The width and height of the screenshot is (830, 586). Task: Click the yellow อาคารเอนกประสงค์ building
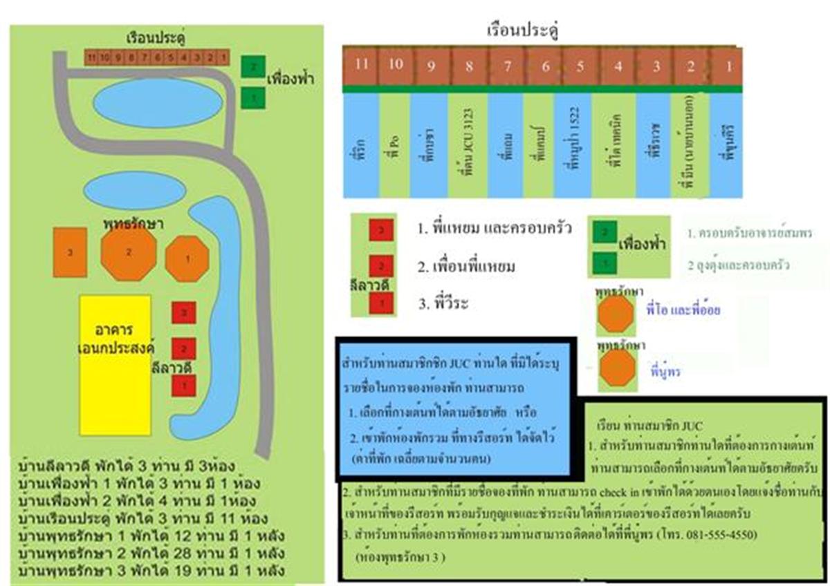(115, 365)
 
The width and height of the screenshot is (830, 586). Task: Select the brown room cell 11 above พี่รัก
(360, 66)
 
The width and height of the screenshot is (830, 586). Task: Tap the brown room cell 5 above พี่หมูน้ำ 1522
(580, 67)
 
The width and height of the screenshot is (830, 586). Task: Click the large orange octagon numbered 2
(128, 253)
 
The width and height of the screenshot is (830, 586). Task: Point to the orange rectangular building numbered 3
(70, 253)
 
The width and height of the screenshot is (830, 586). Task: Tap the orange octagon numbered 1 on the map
(187, 258)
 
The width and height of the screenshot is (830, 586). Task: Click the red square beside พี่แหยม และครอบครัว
(381, 229)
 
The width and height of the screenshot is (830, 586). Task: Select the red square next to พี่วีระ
(381, 302)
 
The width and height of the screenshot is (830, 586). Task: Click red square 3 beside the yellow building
(184, 313)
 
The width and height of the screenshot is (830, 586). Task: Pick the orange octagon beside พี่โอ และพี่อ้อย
(615, 315)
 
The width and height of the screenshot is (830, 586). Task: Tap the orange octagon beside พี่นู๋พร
(616, 369)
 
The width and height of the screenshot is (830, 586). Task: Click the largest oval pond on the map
(158, 103)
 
